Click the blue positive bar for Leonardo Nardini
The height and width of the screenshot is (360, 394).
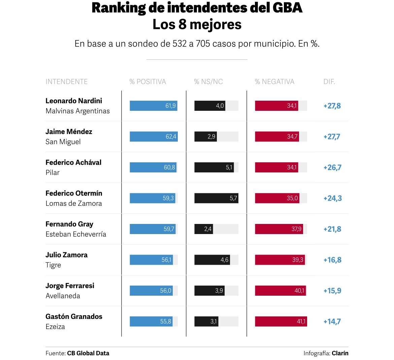click(x=153, y=106)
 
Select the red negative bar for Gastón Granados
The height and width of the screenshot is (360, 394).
click(x=281, y=322)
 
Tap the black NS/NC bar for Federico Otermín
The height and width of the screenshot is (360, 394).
click(x=216, y=198)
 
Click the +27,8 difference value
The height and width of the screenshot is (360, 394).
click(x=332, y=106)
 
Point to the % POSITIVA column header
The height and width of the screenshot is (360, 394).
click(x=147, y=81)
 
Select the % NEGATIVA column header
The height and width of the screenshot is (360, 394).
click(x=274, y=81)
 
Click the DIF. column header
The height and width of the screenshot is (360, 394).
click(x=329, y=81)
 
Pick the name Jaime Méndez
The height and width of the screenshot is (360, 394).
click(x=69, y=132)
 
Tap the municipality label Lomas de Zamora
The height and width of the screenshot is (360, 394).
click(x=74, y=203)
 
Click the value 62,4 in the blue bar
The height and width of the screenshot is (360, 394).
click(x=171, y=137)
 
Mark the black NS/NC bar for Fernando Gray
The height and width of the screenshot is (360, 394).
click(x=203, y=229)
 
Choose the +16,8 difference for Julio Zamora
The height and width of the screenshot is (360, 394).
click(x=332, y=260)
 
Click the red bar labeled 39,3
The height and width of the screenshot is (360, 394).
click(x=280, y=260)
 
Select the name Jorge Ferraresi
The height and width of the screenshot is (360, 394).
click(x=70, y=286)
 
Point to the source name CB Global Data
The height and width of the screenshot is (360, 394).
click(x=88, y=353)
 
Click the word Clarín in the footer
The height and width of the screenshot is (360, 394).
click(x=340, y=353)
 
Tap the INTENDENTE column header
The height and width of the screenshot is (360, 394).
click(x=66, y=81)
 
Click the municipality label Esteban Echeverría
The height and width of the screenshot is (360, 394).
click(x=76, y=234)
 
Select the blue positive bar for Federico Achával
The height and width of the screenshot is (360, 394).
click(x=153, y=167)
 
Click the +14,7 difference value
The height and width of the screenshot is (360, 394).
click(x=332, y=322)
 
